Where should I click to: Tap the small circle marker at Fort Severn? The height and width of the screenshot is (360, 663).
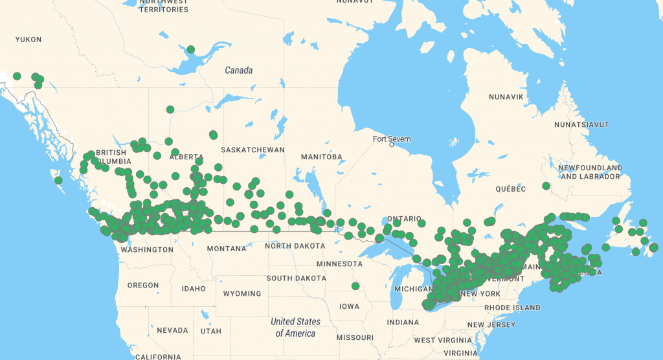point(392,145)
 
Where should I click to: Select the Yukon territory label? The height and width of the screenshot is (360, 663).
point(28,39)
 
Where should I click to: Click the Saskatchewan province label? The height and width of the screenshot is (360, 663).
point(253,150)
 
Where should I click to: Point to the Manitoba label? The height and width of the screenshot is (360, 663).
point(322,157)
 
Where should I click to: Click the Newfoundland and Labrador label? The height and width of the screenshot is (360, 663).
point(591,172)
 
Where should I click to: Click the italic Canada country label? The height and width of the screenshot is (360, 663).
point(238,70)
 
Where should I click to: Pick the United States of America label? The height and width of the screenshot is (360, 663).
point(295,327)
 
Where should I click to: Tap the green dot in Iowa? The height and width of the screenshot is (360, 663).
point(355,286)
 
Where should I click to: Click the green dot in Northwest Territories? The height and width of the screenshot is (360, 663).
point(190,49)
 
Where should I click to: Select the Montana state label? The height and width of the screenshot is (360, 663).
point(227,249)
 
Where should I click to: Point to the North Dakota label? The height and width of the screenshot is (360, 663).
point(296,245)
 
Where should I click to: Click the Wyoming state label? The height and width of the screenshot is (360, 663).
point(242,293)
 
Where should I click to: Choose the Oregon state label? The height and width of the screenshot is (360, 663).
point(143,285)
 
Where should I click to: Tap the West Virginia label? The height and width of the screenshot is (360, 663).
point(443,340)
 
